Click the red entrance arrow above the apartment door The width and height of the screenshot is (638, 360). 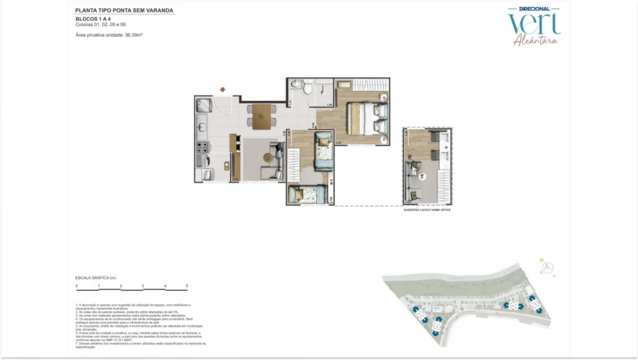pyautogui.click(x=222, y=89)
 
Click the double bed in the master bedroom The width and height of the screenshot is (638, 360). pyautogui.click(x=368, y=118)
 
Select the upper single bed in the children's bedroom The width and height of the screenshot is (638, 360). pyautogui.click(x=323, y=150)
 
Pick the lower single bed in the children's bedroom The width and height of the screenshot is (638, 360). pyautogui.click(x=307, y=195)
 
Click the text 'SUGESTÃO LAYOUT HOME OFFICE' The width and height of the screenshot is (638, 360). pyautogui.click(x=427, y=211)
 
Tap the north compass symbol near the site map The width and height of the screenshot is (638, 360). pyautogui.click(x=548, y=267)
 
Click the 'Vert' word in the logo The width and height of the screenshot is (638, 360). pyautogui.click(x=534, y=25)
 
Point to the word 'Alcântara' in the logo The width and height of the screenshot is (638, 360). pyautogui.click(x=535, y=41)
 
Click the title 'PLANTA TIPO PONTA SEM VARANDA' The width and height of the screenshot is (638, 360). pyautogui.click(x=124, y=11)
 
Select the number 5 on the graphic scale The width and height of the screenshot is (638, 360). pyautogui.click(x=187, y=285)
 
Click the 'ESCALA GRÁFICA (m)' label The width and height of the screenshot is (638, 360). pyautogui.click(x=95, y=277)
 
